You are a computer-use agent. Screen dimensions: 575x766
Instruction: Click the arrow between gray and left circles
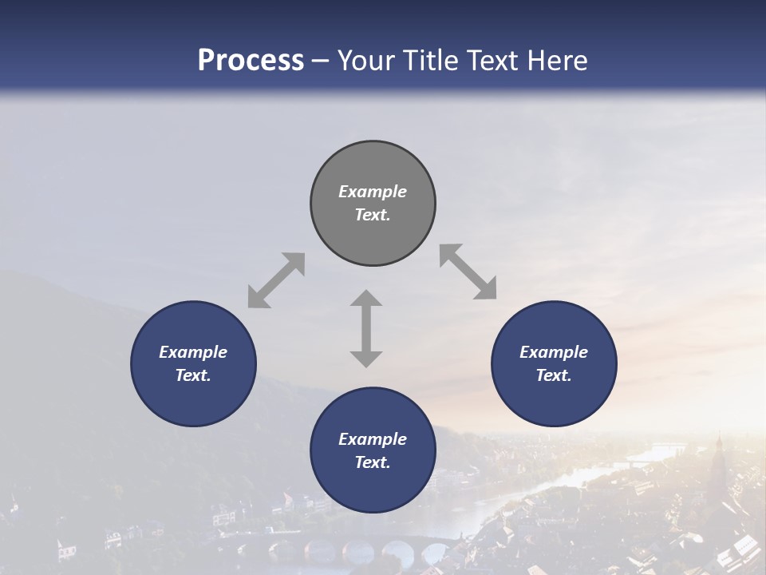(276, 280)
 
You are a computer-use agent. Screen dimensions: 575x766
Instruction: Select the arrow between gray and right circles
(468, 272)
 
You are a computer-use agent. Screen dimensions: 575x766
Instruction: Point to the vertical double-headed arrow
(366, 328)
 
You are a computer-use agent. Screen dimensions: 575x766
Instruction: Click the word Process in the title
(251, 60)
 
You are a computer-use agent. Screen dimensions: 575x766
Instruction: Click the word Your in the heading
(367, 60)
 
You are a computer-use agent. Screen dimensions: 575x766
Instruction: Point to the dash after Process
(321, 61)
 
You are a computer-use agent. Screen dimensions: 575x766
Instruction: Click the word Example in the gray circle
(373, 192)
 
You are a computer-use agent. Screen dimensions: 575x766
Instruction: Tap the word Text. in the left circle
(193, 375)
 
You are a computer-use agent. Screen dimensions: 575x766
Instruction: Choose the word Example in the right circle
(554, 352)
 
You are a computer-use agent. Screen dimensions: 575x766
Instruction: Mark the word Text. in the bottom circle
(373, 462)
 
